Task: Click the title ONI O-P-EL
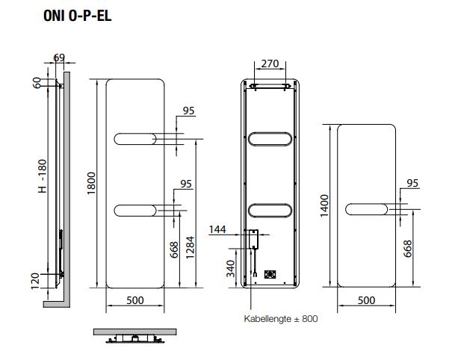78,16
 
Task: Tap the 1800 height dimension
91,183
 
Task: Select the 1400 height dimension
324,206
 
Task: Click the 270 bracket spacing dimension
270,63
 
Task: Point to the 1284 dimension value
190,247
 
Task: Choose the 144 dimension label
217,229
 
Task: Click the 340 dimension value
230,269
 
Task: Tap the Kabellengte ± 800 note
281,318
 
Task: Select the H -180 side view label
43,176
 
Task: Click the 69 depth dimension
59,58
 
